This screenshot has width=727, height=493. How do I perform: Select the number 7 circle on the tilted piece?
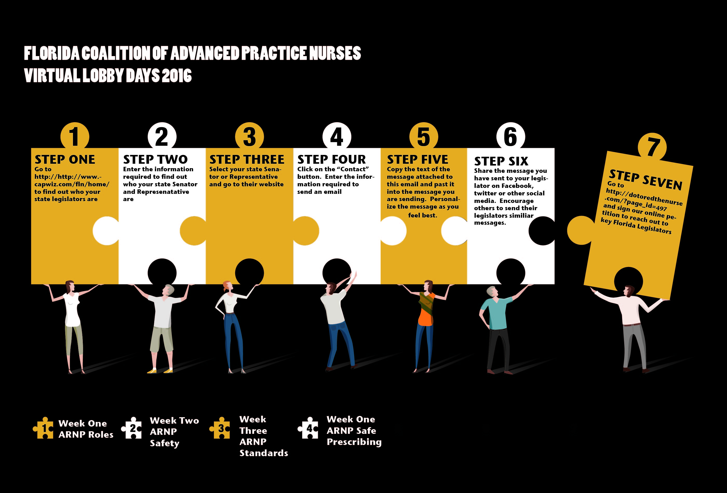point(652,147)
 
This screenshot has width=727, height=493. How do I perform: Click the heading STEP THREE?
point(246,159)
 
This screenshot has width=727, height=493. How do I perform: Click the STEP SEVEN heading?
point(645,180)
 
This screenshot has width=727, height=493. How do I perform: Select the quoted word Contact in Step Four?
point(353,169)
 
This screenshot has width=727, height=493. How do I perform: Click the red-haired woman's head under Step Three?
point(227,286)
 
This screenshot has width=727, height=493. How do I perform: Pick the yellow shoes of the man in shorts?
point(159,371)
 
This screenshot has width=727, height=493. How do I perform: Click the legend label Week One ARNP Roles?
point(85,429)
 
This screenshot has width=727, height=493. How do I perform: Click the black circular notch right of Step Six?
point(542,231)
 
